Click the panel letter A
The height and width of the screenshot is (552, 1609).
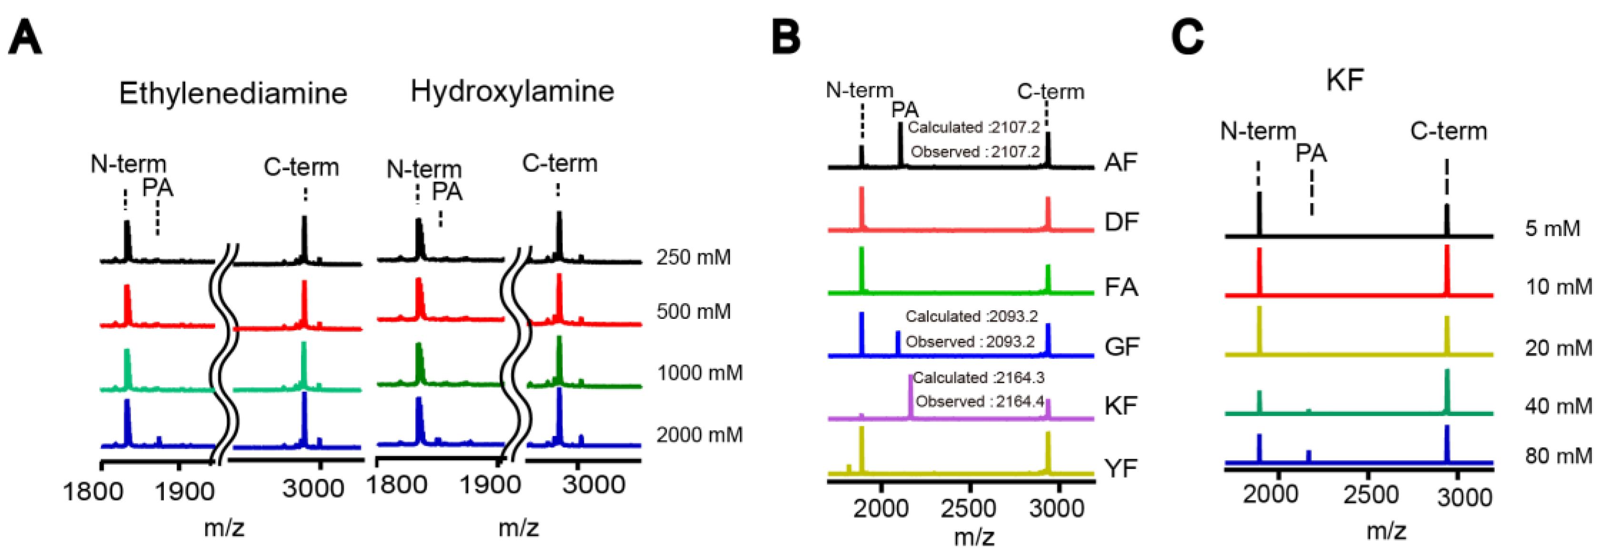pyautogui.click(x=25, y=39)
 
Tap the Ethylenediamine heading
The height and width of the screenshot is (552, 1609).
pyautogui.click(x=233, y=94)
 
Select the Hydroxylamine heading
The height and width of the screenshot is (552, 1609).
pyautogui.click(x=512, y=92)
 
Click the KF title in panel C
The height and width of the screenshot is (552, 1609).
pyautogui.click(x=1345, y=80)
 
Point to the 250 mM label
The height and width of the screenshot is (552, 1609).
pyautogui.click(x=693, y=257)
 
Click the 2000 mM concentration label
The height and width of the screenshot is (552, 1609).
pyautogui.click(x=699, y=434)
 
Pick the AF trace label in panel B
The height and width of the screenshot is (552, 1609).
pyautogui.click(x=1120, y=162)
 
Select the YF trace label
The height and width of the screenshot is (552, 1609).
pyautogui.click(x=1120, y=468)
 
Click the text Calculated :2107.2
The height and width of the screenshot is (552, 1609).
pyautogui.click(x=974, y=128)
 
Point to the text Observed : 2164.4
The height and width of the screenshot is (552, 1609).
pyautogui.click(x=979, y=402)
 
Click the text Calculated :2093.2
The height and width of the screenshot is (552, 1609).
pyautogui.click(x=971, y=316)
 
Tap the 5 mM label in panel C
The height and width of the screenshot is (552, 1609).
pyautogui.click(x=1553, y=228)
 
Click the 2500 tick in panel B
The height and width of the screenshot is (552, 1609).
pyautogui.click(x=968, y=508)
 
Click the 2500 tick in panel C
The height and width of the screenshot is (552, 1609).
pyautogui.click(x=1370, y=495)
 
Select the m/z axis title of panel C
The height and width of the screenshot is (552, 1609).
pyautogui.click(x=1386, y=531)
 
